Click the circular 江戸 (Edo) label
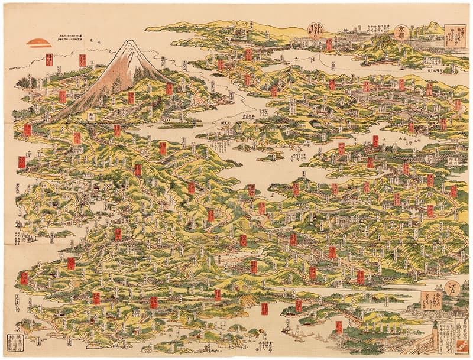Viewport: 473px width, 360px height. coord(452,290)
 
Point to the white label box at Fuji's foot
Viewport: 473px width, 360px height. coord(91,117)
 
